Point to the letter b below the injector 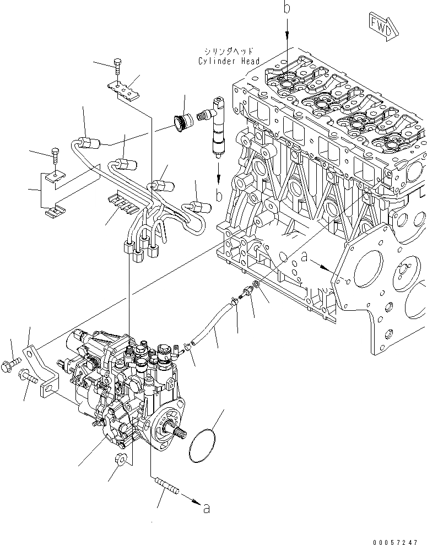click(x=219, y=196)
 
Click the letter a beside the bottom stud click(x=206, y=509)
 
